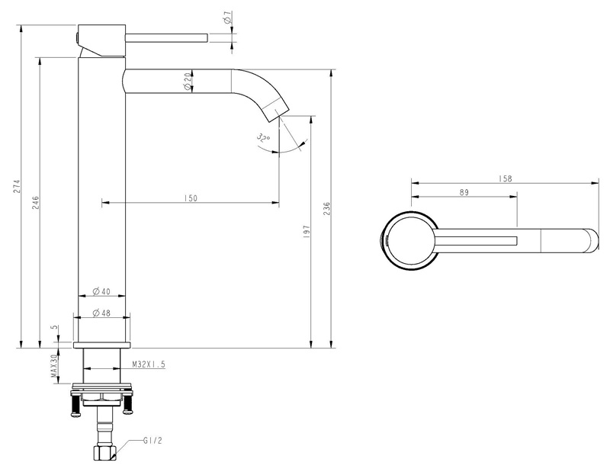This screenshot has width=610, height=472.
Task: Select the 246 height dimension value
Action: pos(35,202)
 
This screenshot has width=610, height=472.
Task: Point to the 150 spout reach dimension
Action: pos(191,198)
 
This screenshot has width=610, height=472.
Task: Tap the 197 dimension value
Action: pos(306,232)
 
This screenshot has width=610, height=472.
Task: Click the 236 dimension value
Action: pos(326,209)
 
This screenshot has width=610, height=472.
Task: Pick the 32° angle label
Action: pos(263,138)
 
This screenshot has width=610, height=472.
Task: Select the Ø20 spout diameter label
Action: pos(188,82)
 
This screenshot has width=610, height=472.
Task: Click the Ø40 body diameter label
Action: pos(101,291)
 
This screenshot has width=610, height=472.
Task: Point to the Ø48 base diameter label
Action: pos(101,313)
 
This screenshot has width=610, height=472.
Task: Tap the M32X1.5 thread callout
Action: pos(149,364)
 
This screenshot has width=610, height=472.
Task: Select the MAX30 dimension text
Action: pos(54,368)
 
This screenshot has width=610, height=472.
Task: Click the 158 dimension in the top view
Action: pos(505,178)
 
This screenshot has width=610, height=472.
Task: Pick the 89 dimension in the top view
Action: pos(464,192)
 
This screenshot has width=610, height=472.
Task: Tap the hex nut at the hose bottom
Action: pos(104,454)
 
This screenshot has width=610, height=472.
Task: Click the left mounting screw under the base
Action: pos(75,405)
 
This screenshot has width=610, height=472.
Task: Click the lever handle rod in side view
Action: pos(167,37)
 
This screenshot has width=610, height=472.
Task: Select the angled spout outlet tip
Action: pos(276,110)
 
